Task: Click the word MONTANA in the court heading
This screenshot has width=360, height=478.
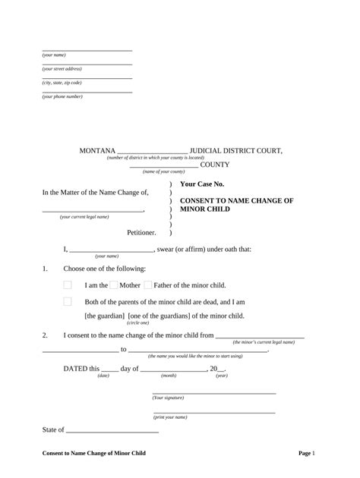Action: tap(97, 151)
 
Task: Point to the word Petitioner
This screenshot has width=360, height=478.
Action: tap(141, 232)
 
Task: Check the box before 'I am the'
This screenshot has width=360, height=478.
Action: tap(68, 285)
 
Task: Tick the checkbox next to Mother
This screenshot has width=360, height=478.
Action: tap(114, 285)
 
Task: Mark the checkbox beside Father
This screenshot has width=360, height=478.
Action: tap(148, 285)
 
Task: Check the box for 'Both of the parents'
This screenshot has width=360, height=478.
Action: tap(68, 301)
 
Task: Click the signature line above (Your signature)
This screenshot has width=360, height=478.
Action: tap(214, 393)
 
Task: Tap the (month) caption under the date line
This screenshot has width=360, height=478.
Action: tap(169, 376)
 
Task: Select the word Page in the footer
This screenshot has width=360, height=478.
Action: tap(305, 453)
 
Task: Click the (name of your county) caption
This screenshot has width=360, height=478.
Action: tap(163, 172)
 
